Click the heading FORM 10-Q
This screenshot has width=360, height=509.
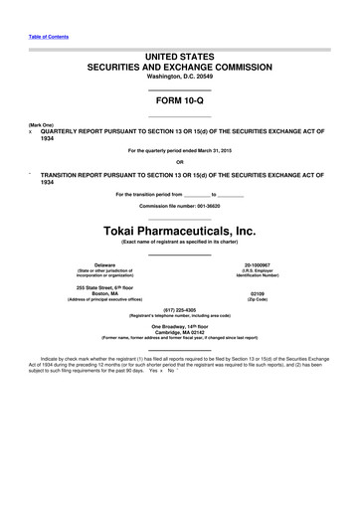pyautogui.click(x=179, y=101)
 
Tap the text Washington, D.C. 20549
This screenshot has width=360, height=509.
pyautogui.click(x=179, y=77)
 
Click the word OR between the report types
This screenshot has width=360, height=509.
pyautogui.click(x=179, y=162)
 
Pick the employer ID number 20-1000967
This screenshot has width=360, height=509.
pyautogui.click(x=256, y=264)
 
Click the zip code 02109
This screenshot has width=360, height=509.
pyautogui.click(x=256, y=293)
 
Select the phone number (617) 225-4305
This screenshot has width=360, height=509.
pyautogui.click(x=179, y=308)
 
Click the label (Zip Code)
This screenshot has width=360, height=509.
pyautogui.click(x=256, y=300)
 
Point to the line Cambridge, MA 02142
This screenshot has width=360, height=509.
pyautogui.click(x=179, y=331)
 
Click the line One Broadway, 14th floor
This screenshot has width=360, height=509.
pyautogui.click(x=179, y=325)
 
